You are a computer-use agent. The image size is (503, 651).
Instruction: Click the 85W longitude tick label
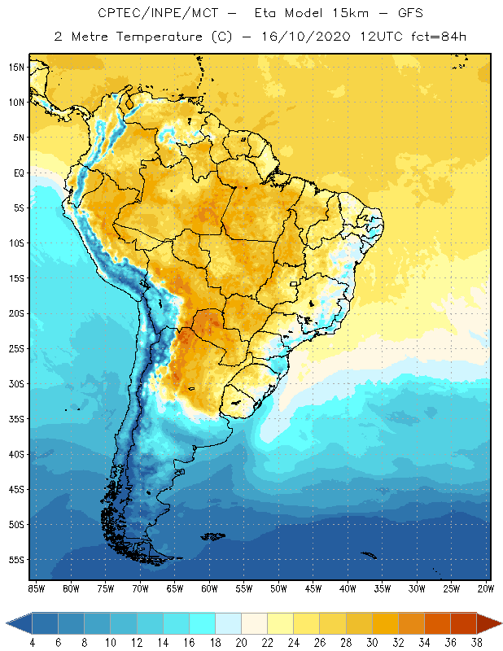pos(36,588)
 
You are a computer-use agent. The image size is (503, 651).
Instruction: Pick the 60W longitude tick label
pos(209,588)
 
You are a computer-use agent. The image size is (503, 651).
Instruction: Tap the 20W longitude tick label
pos(486,588)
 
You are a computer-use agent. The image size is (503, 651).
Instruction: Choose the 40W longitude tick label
pos(348,588)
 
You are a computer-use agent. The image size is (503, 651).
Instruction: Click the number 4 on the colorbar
pos(33,642)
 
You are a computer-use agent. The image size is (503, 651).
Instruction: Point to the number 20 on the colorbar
pos(242,642)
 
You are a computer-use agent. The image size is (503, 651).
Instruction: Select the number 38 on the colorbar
pos(476,642)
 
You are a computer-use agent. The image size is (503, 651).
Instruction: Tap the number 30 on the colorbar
pos(372,642)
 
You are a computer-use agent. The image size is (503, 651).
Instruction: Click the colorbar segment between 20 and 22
pos(255,623)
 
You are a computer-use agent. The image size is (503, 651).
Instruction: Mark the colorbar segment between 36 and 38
pos(463,623)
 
